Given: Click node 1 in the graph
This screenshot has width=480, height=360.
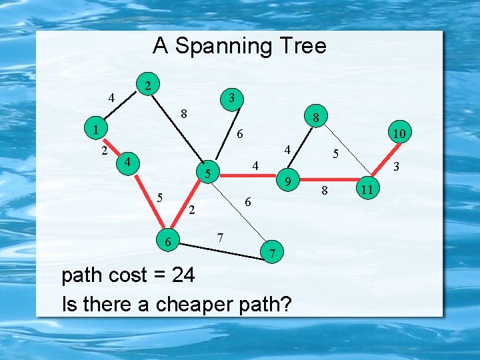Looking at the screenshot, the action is click(96, 129).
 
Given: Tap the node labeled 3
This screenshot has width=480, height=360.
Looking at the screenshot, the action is click(231, 98).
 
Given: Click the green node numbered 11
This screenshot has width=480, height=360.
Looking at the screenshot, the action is click(367, 190).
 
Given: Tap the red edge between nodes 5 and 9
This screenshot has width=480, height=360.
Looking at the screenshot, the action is click(247, 177).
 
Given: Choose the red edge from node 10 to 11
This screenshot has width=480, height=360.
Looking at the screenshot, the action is click(384, 162).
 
